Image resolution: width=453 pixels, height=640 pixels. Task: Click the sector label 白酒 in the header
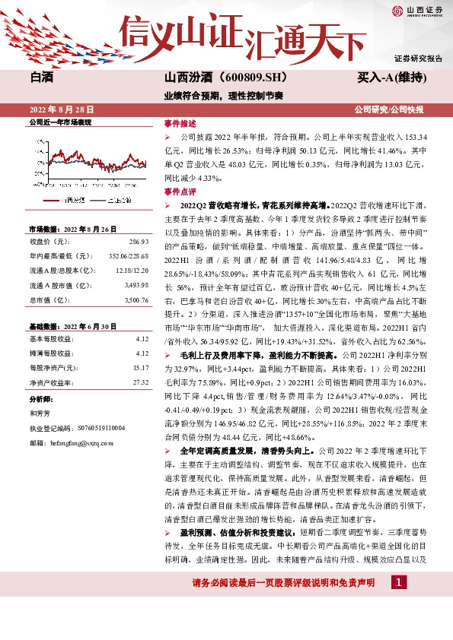pos(42,78)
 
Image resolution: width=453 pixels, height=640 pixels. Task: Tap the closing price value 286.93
pos(139,242)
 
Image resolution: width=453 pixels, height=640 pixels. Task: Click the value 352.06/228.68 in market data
pos(128,256)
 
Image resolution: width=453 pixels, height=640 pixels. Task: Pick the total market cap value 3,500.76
pos(136,300)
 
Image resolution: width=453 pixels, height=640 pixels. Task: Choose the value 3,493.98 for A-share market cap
pos(136,285)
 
